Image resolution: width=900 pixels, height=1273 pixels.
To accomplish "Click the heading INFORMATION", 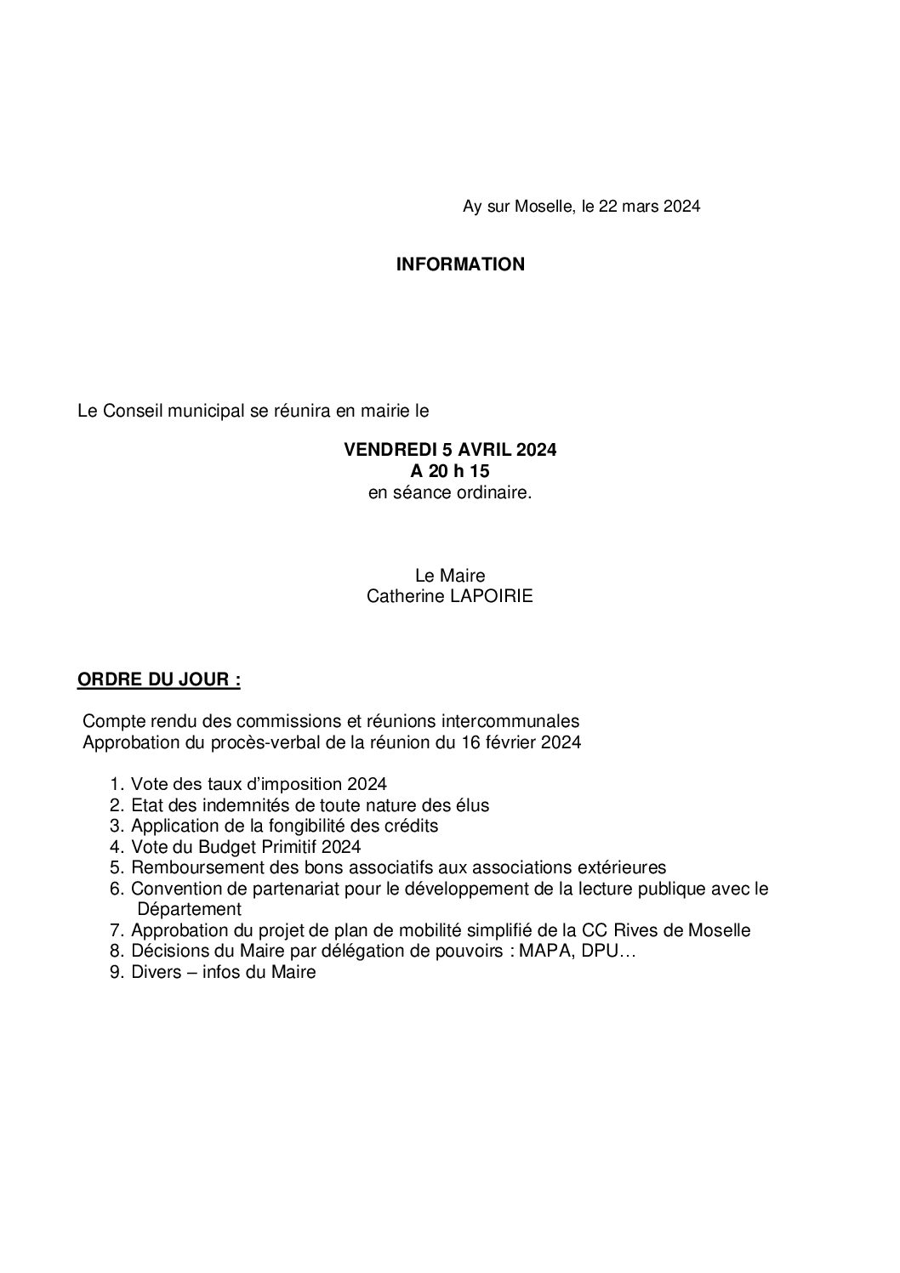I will [x=460, y=264].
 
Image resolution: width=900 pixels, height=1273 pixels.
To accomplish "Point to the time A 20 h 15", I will [x=450, y=471].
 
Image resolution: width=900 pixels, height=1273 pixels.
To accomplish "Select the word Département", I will [x=189, y=909].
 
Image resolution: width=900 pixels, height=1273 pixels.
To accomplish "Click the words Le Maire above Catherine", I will [x=450, y=577].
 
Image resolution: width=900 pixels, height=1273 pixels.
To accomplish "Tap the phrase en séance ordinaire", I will [x=450, y=492].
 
